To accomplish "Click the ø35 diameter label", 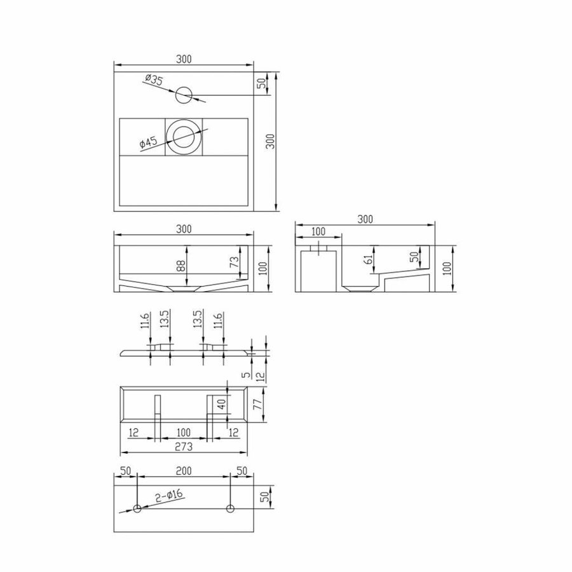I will pyautogui.click(x=154, y=80).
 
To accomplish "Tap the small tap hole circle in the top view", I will pyautogui.click(x=183, y=95).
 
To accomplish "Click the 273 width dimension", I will pyautogui.click(x=183, y=446).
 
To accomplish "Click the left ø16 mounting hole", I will pyautogui.click(x=137, y=508).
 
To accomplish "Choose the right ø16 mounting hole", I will pyautogui.click(x=230, y=508).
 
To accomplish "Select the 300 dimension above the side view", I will pyautogui.click(x=364, y=219).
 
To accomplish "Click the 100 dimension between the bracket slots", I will pyautogui.click(x=183, y=432).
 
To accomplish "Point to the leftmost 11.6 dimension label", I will pyautogui.click(x=145, y=319).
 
